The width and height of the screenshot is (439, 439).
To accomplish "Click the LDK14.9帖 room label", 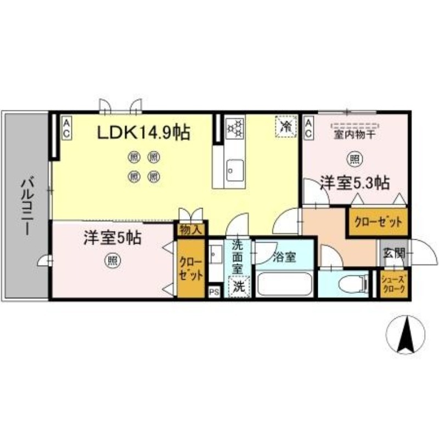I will pos(144,132).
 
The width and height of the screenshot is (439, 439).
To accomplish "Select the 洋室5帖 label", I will pos(112,238).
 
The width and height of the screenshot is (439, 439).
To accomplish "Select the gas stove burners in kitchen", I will pos(235,128).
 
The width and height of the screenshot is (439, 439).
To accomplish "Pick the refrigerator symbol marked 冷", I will pos(286,127).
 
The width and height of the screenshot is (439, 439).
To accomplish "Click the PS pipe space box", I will pos(214,291).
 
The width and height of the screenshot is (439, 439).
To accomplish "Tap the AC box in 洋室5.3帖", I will pos(309,128).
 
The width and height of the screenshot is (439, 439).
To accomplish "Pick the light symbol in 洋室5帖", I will pos(112,261).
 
